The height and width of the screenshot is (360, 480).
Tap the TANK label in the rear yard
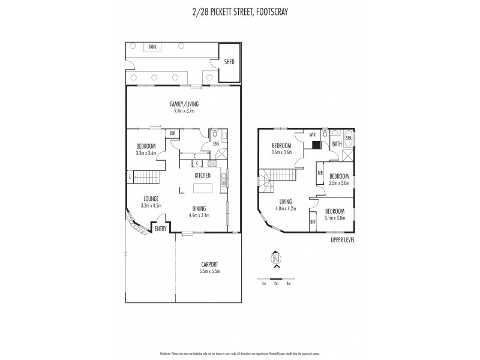pyautogui.click(x=153, y=46)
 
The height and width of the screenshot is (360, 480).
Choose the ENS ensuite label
pyautogui.click(x=215, y=145)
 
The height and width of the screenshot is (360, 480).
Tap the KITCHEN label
pyautogui.click(x=202, y=175)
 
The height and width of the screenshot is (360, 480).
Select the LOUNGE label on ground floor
pyautogui.click(x=151, y=199)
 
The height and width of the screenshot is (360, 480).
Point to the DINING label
pyautogui.click(x=199, y=209)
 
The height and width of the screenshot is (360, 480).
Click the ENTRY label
pyautogui.click(x=160, y=229)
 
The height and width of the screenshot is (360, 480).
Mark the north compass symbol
pyautogui.click(x=277, y=259)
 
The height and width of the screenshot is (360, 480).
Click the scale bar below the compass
pyautogui.click(x=276, y=279)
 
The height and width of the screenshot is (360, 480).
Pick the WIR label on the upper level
pyautogui.click(x=313, y=136)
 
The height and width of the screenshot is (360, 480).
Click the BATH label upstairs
pyautogui.click(x=337, y=144)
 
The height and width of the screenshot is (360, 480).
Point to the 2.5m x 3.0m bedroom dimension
pyautogui.click(x=339, y=183)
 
